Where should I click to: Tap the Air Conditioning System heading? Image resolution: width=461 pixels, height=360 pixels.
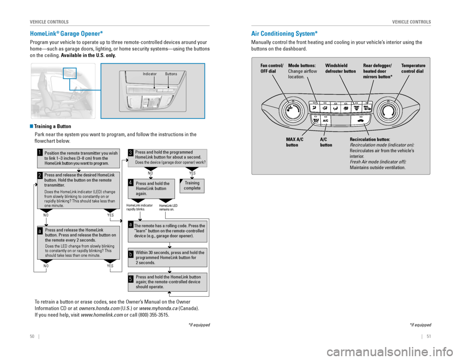click(284, 34)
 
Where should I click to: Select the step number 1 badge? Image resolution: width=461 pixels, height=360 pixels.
click(40, 154)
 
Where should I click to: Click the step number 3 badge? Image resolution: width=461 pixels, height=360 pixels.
click(131, 153)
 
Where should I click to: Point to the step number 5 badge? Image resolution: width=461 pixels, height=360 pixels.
click(131, 278)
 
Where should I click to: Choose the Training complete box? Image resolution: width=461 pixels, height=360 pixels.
click(192, 185)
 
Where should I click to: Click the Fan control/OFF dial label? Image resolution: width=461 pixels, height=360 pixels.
click(272, 69)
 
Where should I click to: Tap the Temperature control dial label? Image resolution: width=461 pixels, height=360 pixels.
click(413, 69)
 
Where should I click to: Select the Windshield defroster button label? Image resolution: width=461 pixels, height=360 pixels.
click(340, 69)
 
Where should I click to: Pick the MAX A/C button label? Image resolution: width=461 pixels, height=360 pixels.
click(294, 142)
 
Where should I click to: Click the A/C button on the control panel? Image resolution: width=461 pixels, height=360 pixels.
click(326, 121)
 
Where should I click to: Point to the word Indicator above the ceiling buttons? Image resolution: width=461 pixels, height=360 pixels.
click(150, 74)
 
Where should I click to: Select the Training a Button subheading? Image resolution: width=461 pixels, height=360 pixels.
click(53, 127)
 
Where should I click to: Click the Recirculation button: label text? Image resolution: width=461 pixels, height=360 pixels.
click(370, 139)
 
